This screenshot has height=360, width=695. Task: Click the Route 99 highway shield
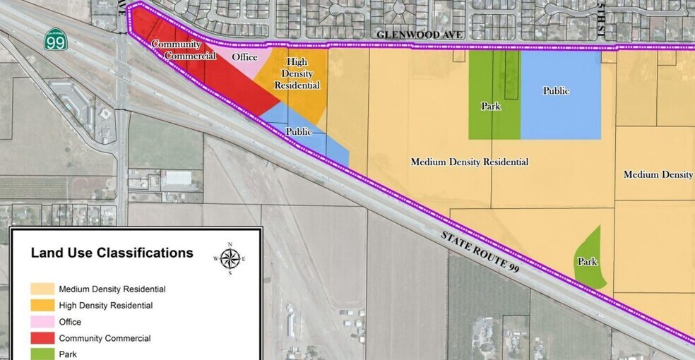pyautogui.click(x=55, y=40)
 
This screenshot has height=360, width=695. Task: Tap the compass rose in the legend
pyautogui.click(x=229, y=258)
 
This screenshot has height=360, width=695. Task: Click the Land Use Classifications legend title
pyautogui.click(x=112, y=253)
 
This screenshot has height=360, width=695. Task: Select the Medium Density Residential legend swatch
pyautogui.click(x=42, y=289)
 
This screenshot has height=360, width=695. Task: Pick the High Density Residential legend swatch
pyautogui.click(x=42, y=306)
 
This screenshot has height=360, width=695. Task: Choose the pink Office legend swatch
pyautogui.click(x=42, y=322)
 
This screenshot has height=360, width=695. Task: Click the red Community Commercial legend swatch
pyautogui.click(x=42, y=338)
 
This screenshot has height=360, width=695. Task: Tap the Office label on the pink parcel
pyautogui.click(x=245, y=57)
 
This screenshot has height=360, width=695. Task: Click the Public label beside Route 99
pyautogui.click(x=299, y=131)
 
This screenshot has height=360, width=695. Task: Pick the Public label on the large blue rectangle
pyautogui.click(x=556, y=90)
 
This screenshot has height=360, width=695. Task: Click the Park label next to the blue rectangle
pyautogui.click(x=491, y=107)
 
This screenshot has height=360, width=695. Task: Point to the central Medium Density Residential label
pyautogui.click(x=470, y=162)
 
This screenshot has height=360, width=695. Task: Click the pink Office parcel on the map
pyautogui.click(x=251, y=67)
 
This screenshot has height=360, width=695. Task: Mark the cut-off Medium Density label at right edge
pyautogui.click(x=658, y=174)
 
